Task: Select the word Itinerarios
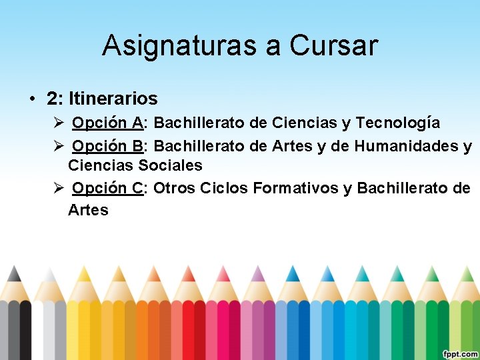113,99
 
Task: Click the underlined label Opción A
107,123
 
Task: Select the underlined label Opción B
107,145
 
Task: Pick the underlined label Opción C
107,188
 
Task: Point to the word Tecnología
397,123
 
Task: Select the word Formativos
295,188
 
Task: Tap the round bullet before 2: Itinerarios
32,99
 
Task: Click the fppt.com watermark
460,353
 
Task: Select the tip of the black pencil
15,272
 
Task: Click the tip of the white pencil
49,272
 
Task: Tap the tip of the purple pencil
257,272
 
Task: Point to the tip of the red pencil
189,272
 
